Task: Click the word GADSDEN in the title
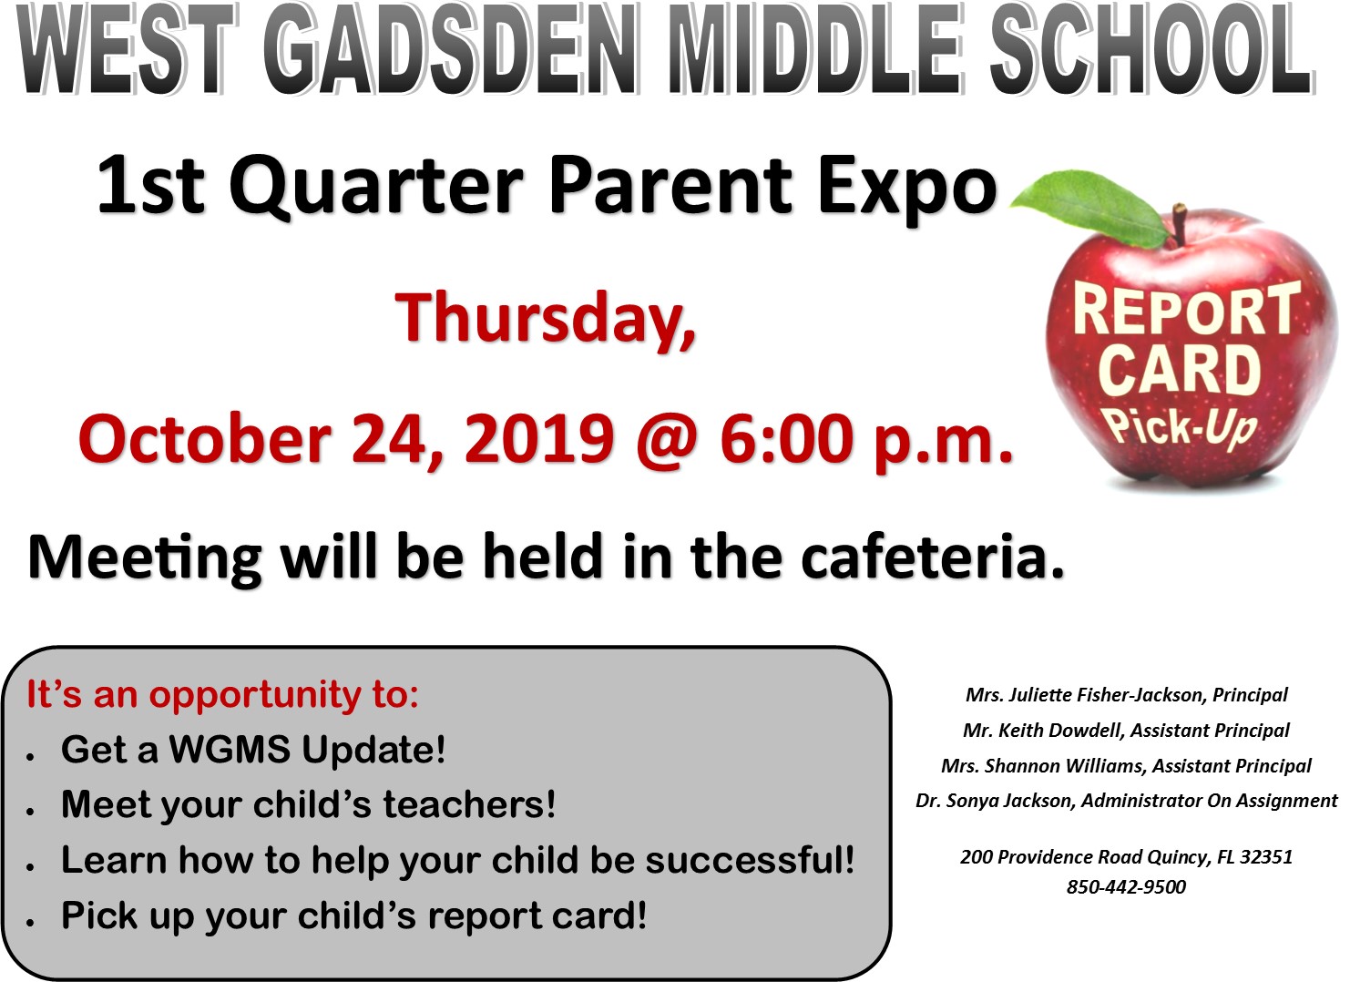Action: [450, 49]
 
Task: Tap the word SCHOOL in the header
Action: [1151, 48]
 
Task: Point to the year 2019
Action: [539, 438]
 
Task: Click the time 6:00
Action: [786, 438]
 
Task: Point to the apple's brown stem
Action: [1179, 223]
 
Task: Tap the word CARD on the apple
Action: [1180, 370]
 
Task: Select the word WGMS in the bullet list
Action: [229, 750]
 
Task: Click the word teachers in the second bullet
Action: [469, 804]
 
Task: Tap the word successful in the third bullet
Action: [750, 860]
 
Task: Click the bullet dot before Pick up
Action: [29, 923]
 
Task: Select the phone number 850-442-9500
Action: [1126, 886]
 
